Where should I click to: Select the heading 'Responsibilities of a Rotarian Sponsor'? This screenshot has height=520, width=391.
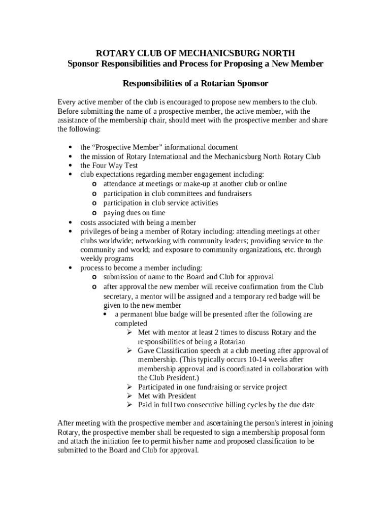pos(195,83)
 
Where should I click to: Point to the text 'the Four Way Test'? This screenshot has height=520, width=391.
pos(109,166)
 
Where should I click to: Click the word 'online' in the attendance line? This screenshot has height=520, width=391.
pos(276,184)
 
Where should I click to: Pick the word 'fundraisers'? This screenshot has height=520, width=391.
pos(234,193)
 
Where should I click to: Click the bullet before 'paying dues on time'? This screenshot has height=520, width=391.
pos(94,213)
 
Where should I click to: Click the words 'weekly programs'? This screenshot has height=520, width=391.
pos(107,259)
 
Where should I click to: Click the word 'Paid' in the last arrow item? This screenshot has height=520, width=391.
pos(146,405)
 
